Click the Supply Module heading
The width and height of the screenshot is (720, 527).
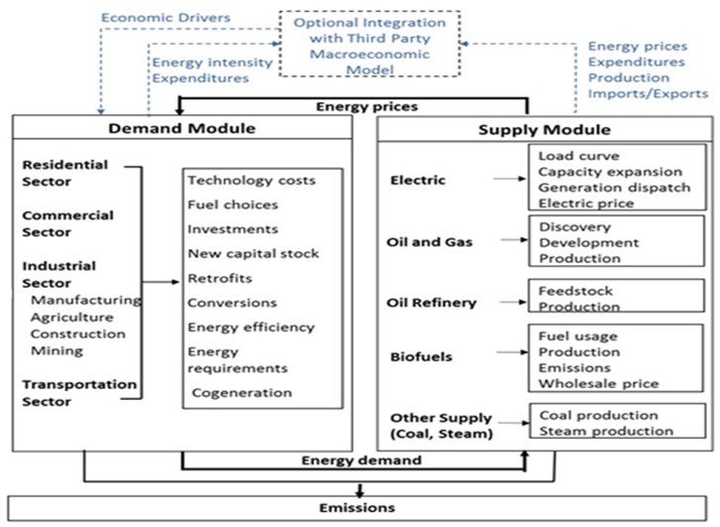pos(544,130)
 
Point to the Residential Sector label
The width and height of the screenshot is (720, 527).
pos(64,173)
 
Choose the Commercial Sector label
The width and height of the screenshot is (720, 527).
pos(67,223)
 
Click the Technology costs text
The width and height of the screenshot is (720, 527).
pos(252,180)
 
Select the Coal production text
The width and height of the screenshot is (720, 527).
pos(596,415)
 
